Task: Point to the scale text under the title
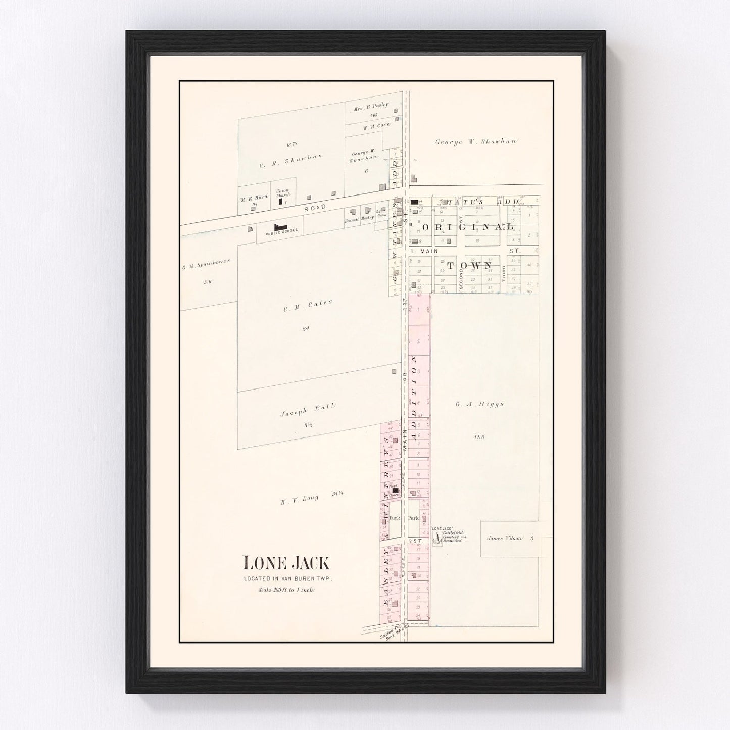[286, 589]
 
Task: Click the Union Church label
[282, 192]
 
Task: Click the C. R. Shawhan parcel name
[290, 159]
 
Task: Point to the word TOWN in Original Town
[469, 265]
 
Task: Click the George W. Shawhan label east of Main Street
[476, 142]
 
